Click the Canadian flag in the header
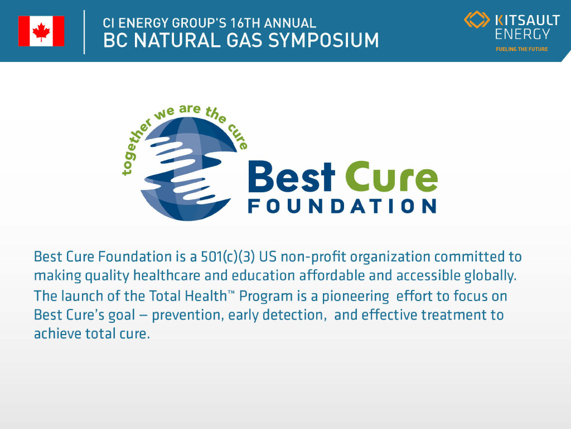tap(41, 31)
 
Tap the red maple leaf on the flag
tap(41, 31)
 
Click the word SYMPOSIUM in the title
tap(323, 40)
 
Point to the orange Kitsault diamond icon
tap(477, 20)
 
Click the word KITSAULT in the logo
tap(528, 20)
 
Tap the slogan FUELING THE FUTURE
tap(521, 49)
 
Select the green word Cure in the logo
tap(391, 177)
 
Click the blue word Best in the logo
tap(291, 177)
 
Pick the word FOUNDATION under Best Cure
tap(342, 206)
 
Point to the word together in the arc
tap(136, 147)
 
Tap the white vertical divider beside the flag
tap(85, 32)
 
